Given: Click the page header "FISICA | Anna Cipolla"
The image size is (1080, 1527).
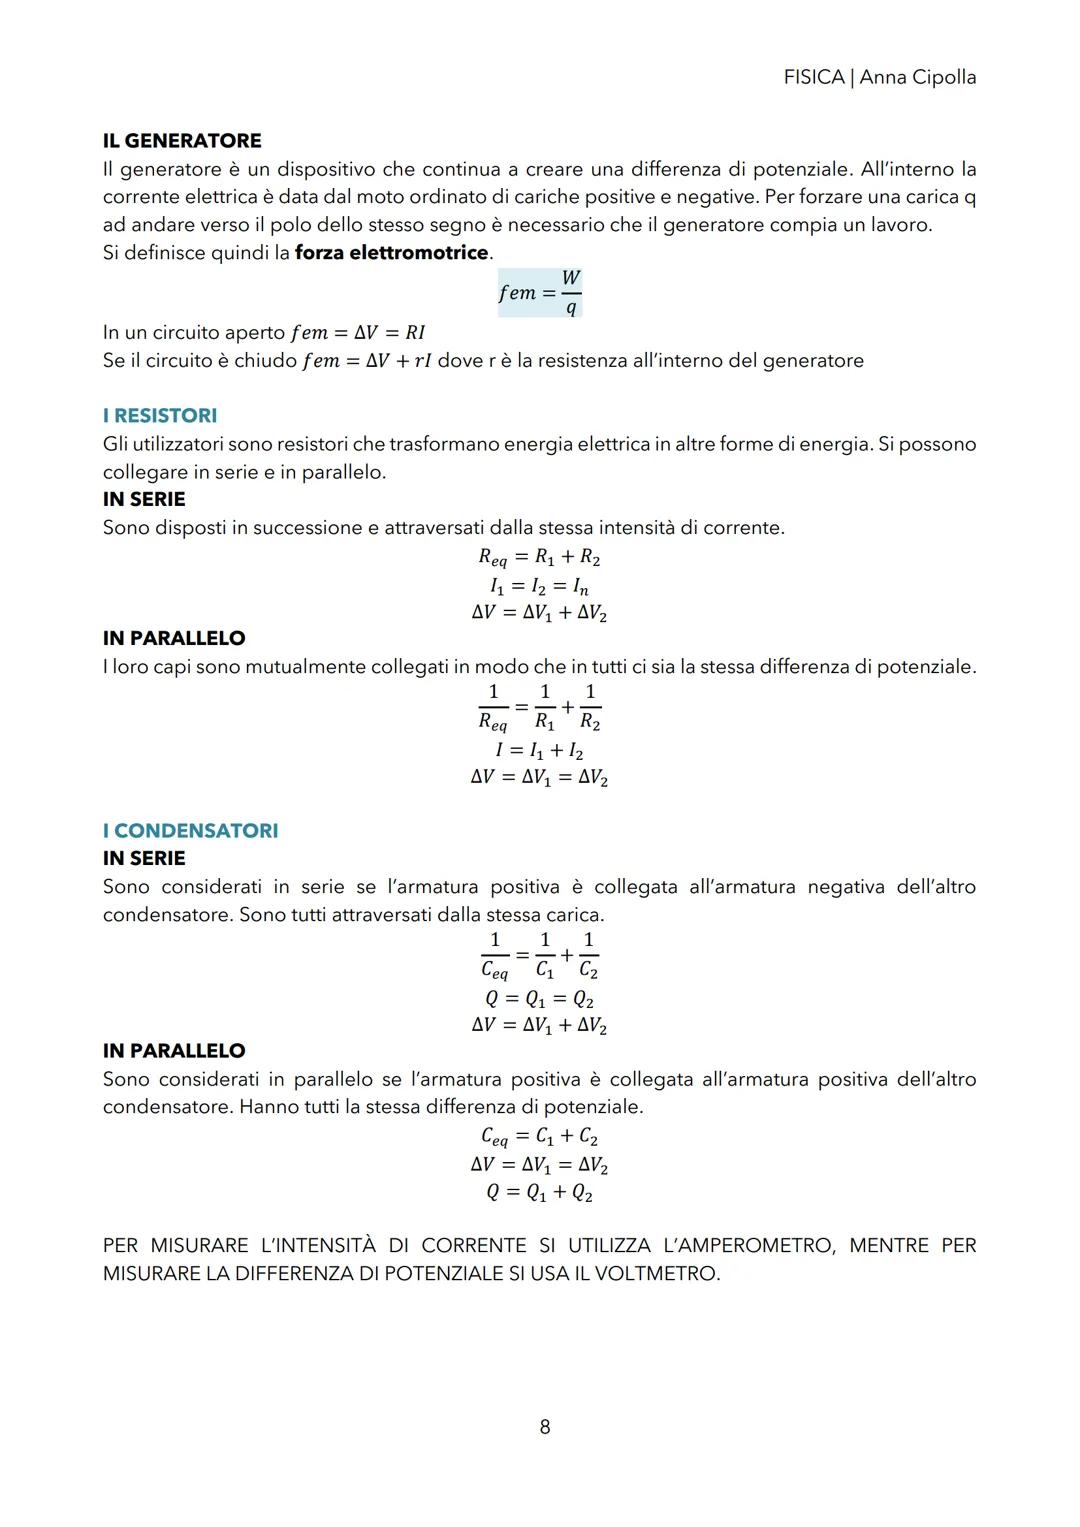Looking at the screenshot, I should (x=879, y=77).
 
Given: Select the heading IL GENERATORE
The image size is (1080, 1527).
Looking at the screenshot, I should (x=182, y=141).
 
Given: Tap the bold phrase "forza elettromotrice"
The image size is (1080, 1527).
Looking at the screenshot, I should (x=391, y=253).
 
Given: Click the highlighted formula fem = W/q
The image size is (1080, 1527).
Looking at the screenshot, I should (x=540, y=292).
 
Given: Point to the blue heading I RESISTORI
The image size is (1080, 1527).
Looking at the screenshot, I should (x=160, y=416).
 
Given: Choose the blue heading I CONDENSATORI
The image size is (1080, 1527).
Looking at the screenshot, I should (x=190, y=831).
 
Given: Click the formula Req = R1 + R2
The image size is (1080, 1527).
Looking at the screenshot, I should (x=539, y=558).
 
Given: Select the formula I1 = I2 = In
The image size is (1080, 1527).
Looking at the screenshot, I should (x=539, y=586).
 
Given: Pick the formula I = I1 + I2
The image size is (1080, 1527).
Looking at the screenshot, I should (x=539, y=750).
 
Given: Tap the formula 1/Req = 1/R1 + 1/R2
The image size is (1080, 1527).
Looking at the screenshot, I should (x=539, y=707).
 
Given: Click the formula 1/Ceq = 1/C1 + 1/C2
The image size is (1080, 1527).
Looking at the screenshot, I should (x=539, y=955).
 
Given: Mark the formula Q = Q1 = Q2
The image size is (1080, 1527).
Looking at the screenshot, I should (x=539, y=999).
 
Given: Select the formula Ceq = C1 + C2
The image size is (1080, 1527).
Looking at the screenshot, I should (x=539, y=1136).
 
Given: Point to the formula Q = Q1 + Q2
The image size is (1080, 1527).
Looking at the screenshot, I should (x=539, y=1193).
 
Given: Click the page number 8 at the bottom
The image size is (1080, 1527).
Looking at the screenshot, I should (x=545, y=1427).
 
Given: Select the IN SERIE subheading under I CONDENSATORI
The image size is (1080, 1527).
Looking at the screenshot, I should (x=144, y=859).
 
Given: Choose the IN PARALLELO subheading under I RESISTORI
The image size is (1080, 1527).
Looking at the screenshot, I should (x=174, y=638).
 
